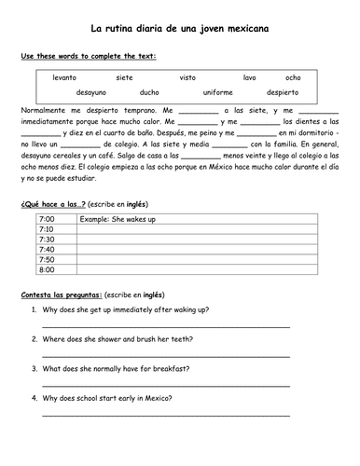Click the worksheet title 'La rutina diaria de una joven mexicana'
180,30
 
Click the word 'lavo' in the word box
249,77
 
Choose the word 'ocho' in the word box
293,77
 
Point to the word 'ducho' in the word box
149,93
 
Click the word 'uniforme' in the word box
216,93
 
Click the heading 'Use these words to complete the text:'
89,57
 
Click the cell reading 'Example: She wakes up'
117,219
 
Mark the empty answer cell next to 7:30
187,240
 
